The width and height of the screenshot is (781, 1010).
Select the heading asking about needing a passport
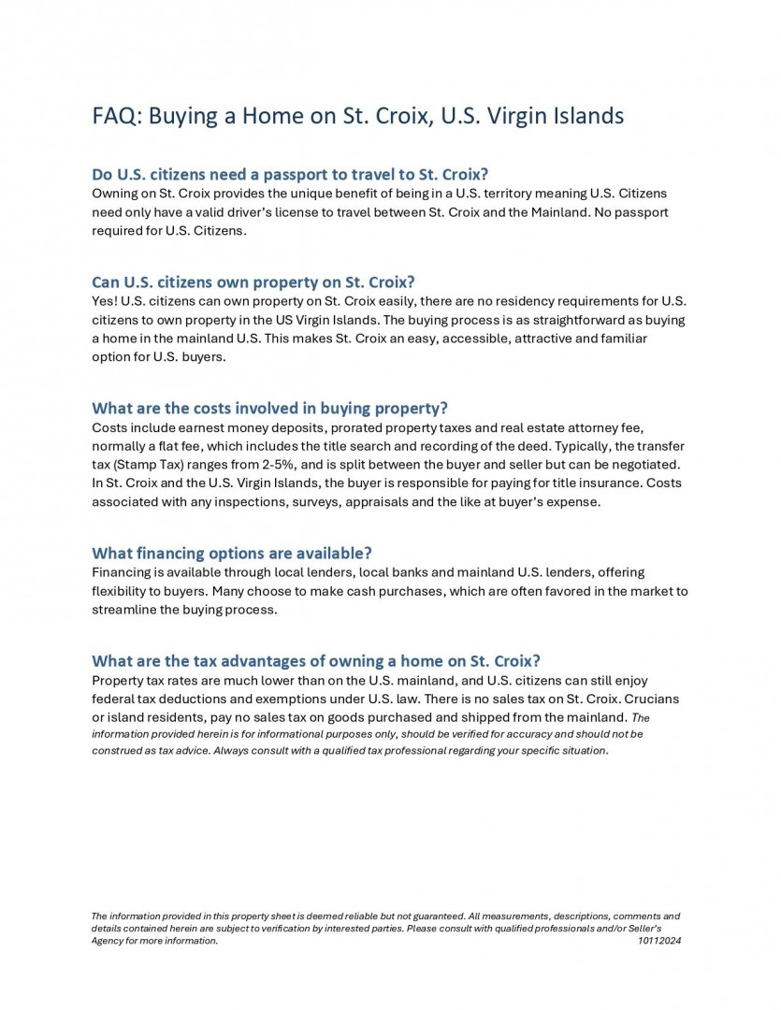(x=290, y=174)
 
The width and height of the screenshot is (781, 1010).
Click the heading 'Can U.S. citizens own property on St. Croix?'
(x=253, y=281)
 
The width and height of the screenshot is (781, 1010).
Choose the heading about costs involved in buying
(x=269, y=408)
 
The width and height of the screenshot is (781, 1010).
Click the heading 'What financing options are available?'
(x=232, y=553)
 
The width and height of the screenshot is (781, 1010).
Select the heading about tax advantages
(x=316, y=661)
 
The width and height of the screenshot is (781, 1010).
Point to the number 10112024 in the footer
(x=658, y=941)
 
